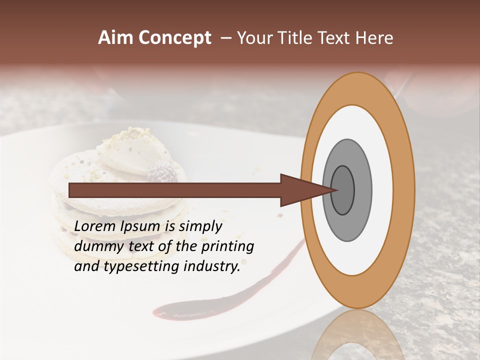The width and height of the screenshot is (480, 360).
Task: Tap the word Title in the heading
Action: [297, 37]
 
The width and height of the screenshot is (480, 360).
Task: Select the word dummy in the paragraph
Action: [96, 246]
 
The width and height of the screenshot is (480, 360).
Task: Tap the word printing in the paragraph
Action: [227, 247]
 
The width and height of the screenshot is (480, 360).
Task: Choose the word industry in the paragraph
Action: [211, 266]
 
